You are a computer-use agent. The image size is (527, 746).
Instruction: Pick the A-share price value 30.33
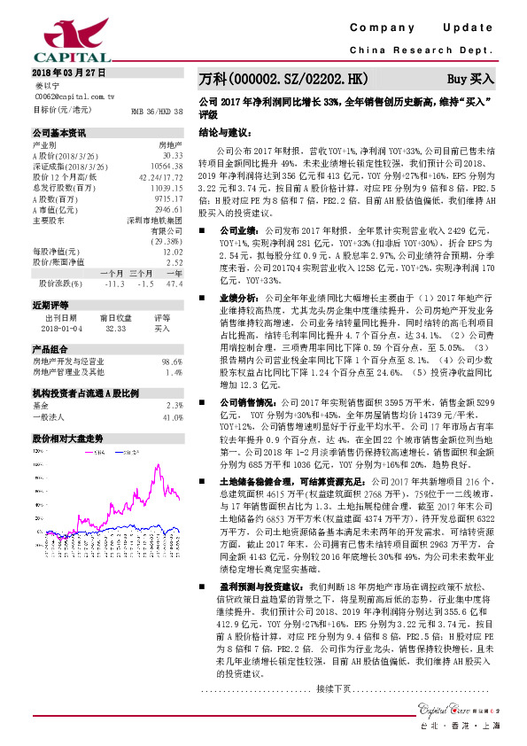pos(172,155)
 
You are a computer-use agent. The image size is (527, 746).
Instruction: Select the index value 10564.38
pos(167,166)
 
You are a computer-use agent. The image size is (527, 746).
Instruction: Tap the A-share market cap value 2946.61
pos(168,208)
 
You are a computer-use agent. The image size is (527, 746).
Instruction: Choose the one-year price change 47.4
pos(174,284)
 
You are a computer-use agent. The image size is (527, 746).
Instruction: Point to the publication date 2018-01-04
pos(60,327)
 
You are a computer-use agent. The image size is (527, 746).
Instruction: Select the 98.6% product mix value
pos(172,361)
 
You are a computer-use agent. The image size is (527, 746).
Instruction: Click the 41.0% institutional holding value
pos(172,417)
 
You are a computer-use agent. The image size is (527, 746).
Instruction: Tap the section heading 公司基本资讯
pos(59,133)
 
